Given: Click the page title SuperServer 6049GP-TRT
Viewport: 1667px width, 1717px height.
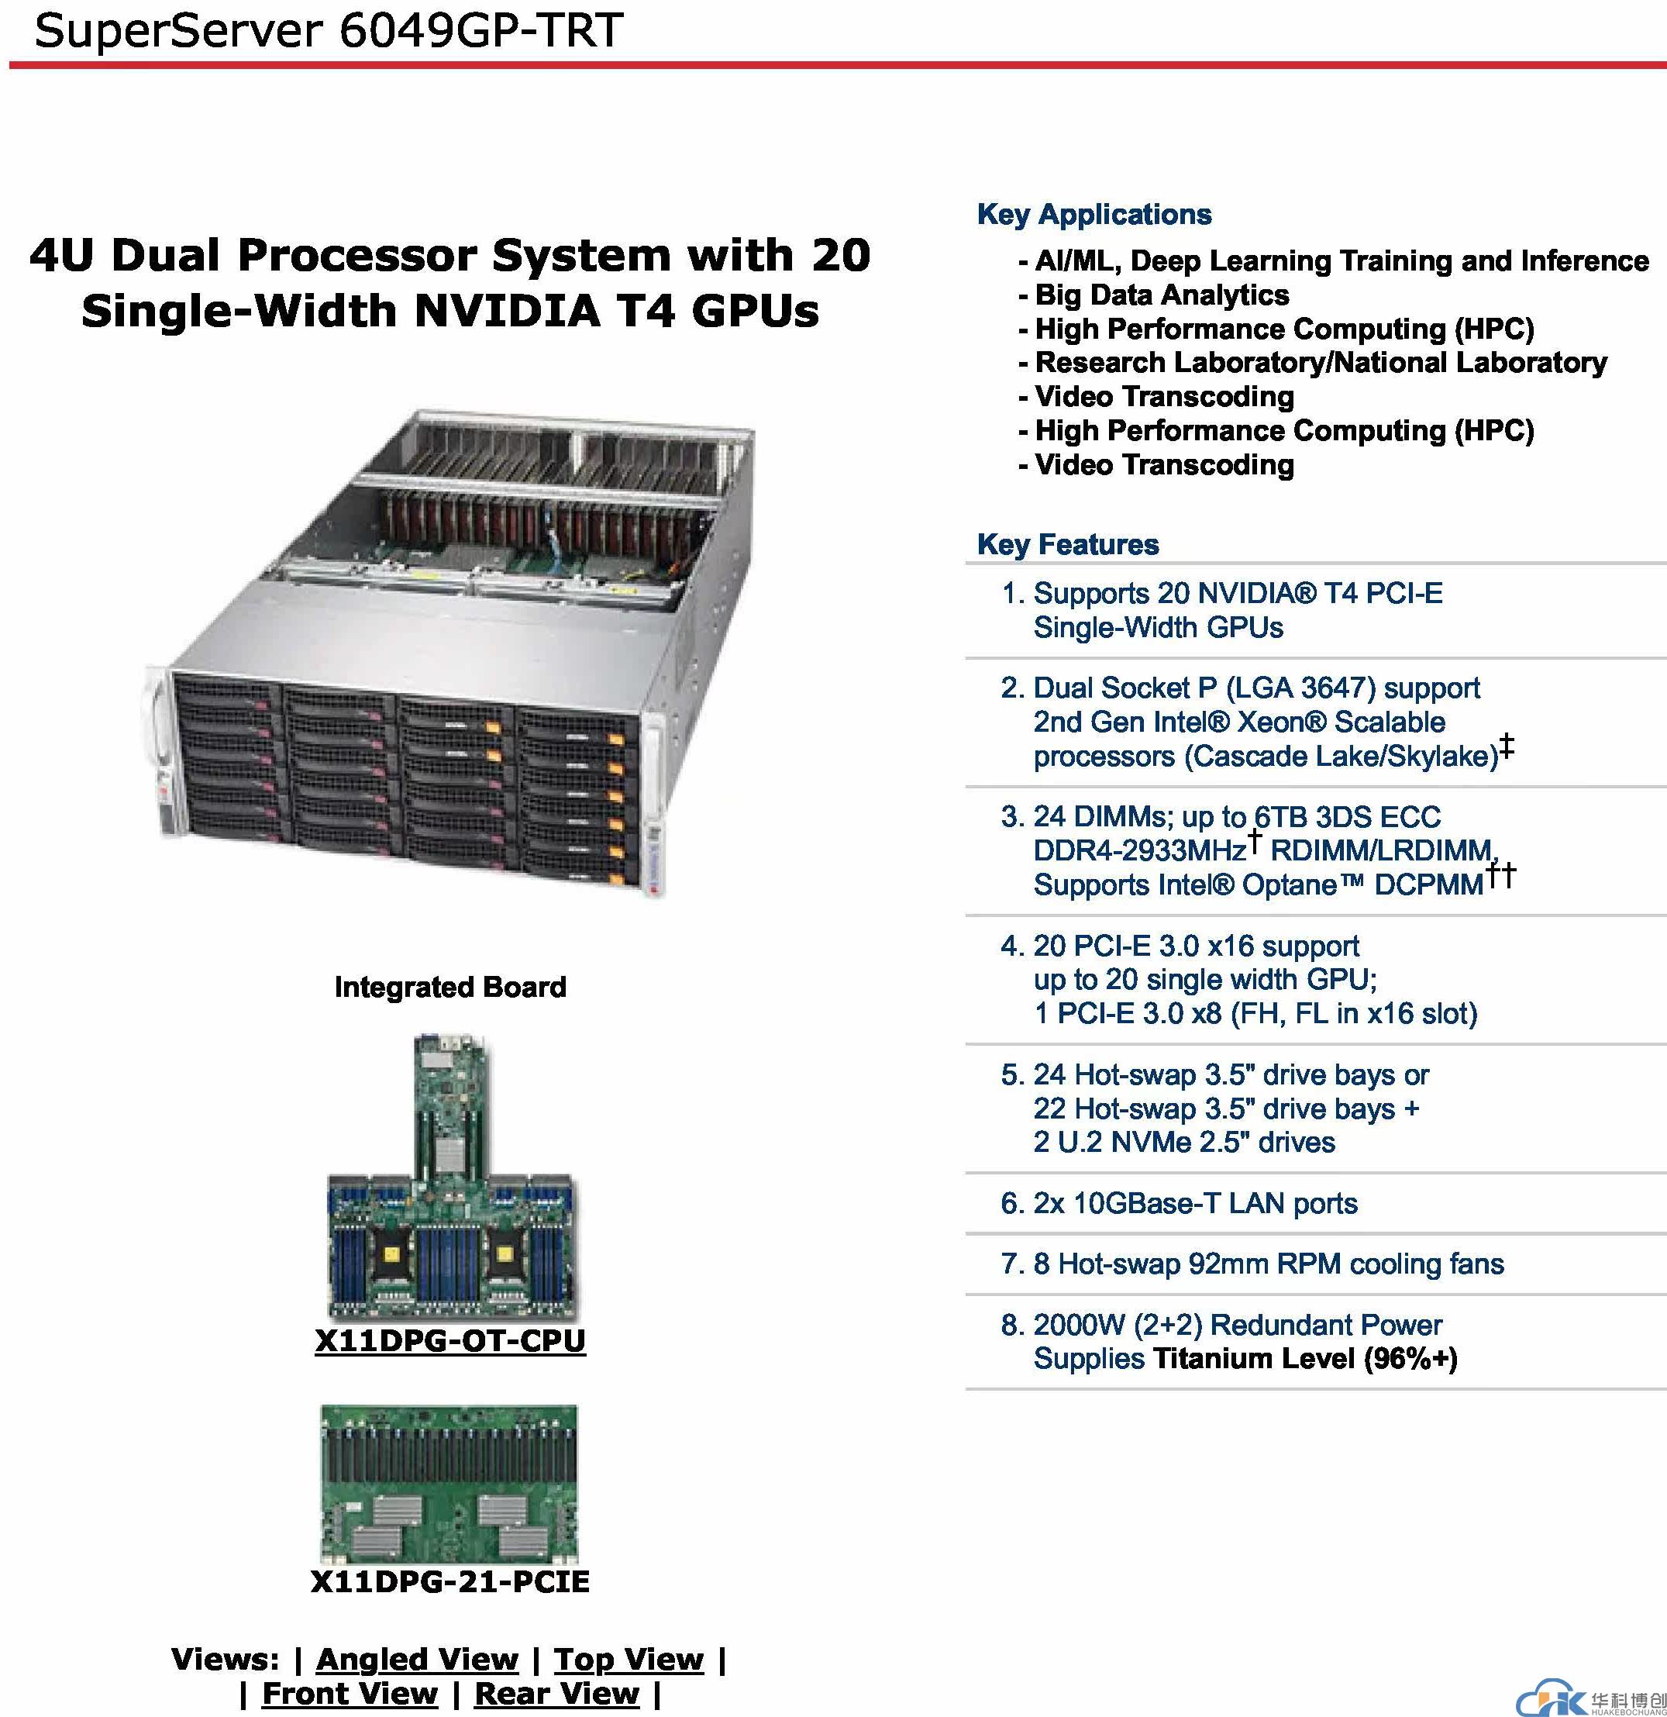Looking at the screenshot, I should pos(329,31).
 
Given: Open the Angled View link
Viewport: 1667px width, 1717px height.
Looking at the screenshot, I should pos(417,1658).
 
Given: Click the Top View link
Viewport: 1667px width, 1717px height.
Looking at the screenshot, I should pos(628,1658).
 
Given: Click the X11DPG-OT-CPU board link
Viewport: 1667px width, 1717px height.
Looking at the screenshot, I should pos(449,1341).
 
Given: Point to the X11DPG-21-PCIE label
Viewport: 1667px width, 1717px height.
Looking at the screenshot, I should pos(449,1581).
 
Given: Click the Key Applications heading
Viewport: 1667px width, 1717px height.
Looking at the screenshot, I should pos(1094,215).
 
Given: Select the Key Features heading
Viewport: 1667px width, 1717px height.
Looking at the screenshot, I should pos(1068,544).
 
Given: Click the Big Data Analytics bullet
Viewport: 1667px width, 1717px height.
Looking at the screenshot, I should pos(1162,295).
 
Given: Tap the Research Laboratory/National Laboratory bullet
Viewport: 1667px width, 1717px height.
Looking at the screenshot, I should pos(1320,363).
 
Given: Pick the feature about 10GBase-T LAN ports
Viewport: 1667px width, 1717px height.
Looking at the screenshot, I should pos(1195,1203).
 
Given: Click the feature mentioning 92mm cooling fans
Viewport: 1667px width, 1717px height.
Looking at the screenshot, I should pos(1280,1264).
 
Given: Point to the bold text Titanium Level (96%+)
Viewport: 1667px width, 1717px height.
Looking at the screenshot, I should pos(1305,1359).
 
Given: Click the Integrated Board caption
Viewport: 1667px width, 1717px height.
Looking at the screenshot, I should pos(450,988).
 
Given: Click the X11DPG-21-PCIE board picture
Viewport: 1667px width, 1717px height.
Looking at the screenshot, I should pos(449,1484).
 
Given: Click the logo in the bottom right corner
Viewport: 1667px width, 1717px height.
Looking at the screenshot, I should pos(1590,1699).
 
